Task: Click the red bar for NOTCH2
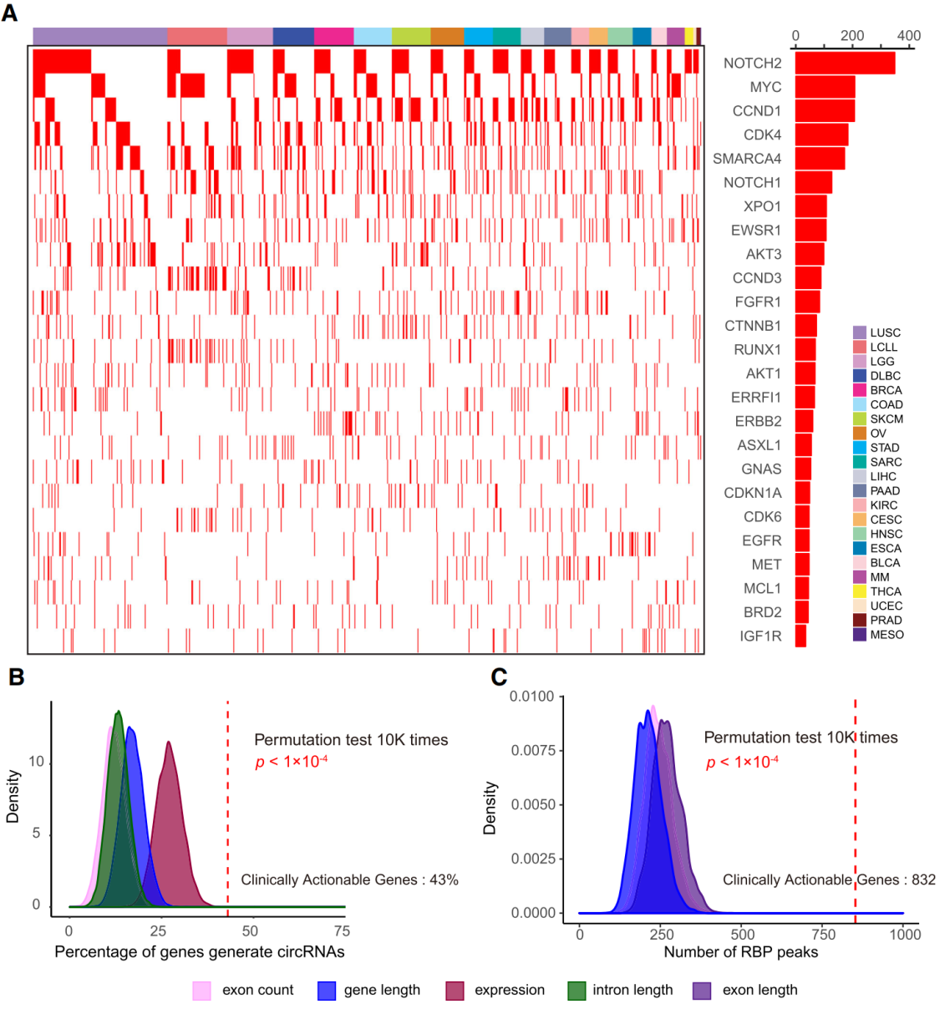point(844,63)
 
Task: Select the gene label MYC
point(765,87)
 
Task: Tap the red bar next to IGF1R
point(800,636)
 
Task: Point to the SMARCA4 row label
point(747,159)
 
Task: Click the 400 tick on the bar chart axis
point(908,36)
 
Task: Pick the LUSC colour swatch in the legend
point(859,332)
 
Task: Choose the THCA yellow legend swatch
point(859,591)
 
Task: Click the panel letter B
point(16,677)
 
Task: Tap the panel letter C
point(499,677)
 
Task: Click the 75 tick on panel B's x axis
point(341,931)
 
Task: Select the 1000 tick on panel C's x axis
point(905,934)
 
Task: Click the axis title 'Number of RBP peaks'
point(740,952)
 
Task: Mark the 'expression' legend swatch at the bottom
point(455,991)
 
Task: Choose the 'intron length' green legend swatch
point(577,991)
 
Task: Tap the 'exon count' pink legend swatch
point(201,991)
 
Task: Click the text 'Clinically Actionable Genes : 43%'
point(349,880)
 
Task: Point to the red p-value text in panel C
point(742,762)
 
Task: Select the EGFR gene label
point(761,540)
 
